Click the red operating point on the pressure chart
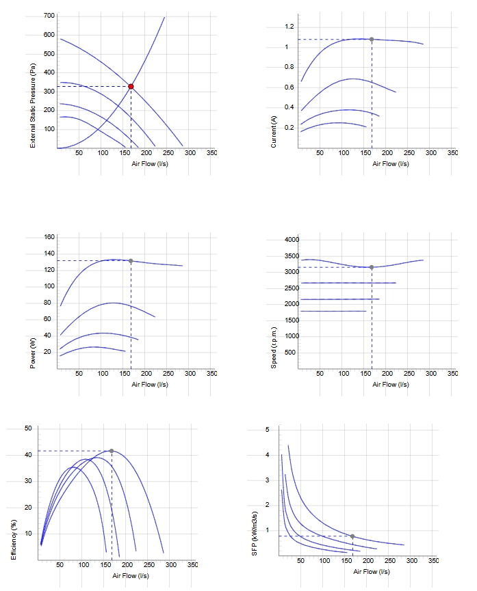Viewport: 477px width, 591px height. [x=131, y=87]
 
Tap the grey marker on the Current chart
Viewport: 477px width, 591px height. [x=372, y=39]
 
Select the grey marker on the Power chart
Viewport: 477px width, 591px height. [x=131, y=261]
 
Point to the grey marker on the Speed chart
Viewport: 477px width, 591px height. [x=372, y=267]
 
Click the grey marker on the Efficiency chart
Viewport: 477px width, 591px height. [x=112, y=451]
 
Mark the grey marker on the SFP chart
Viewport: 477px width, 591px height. [x=352, y=536]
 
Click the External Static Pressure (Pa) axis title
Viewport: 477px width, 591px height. [x=33, y=105]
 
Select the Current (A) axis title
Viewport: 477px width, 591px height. [x=274, y=132]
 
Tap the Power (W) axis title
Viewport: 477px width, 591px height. [x=33, y=353]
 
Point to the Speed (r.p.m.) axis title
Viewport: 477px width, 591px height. [x=274, y=348]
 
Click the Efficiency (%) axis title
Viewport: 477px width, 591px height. [x=14, y=540]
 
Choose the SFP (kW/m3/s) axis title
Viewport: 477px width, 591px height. [x=255, y=534]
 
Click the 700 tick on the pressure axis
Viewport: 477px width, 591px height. [x=49, y=16]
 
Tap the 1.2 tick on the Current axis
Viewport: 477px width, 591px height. [x=289, y=27]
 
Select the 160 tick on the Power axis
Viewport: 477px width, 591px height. [x=49, y=237]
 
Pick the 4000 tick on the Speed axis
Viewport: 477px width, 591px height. [x=292, y=240]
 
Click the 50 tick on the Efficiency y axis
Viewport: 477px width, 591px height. [x=28, y=428]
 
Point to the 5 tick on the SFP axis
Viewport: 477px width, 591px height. [x=268, y=430]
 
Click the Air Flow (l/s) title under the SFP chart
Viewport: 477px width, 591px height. [x=371, y=572]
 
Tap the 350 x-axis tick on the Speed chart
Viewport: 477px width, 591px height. [x=452, y=374]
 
